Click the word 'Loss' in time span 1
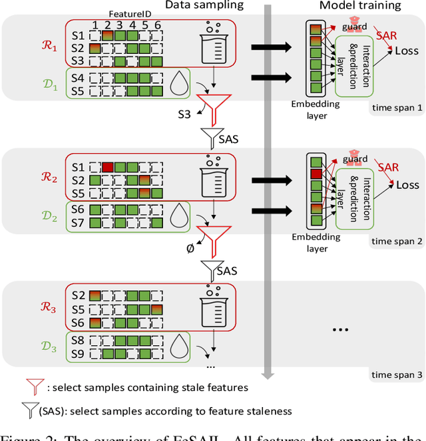pos(407,50)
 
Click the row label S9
pos(79,353)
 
